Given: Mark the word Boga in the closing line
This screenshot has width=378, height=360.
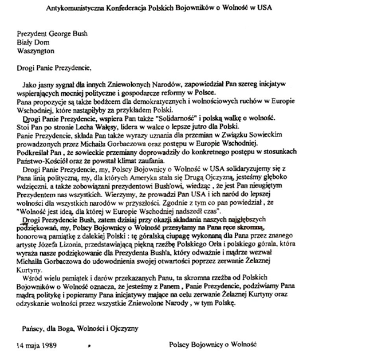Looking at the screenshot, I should [x=60, y=328].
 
